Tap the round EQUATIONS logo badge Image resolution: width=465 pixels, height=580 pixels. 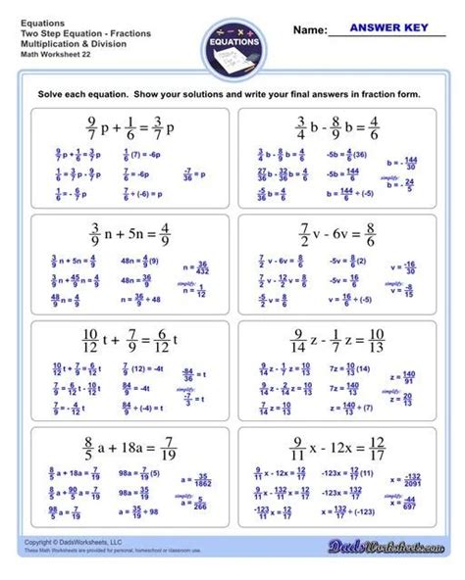[232, 43]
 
